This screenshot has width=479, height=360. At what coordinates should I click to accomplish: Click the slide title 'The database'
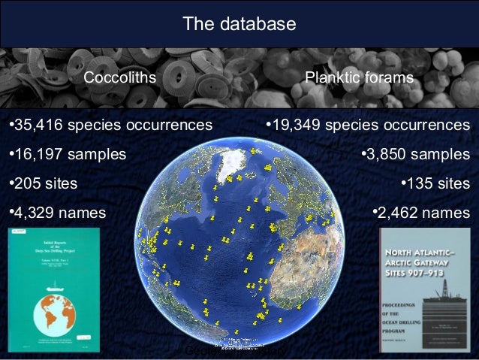coord(239,25)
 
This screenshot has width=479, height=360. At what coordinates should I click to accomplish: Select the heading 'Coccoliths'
coord(119,78)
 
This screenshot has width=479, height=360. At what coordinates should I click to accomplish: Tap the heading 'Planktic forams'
coord(359,78)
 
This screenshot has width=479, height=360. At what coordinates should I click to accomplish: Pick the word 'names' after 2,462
coord(450,213)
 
